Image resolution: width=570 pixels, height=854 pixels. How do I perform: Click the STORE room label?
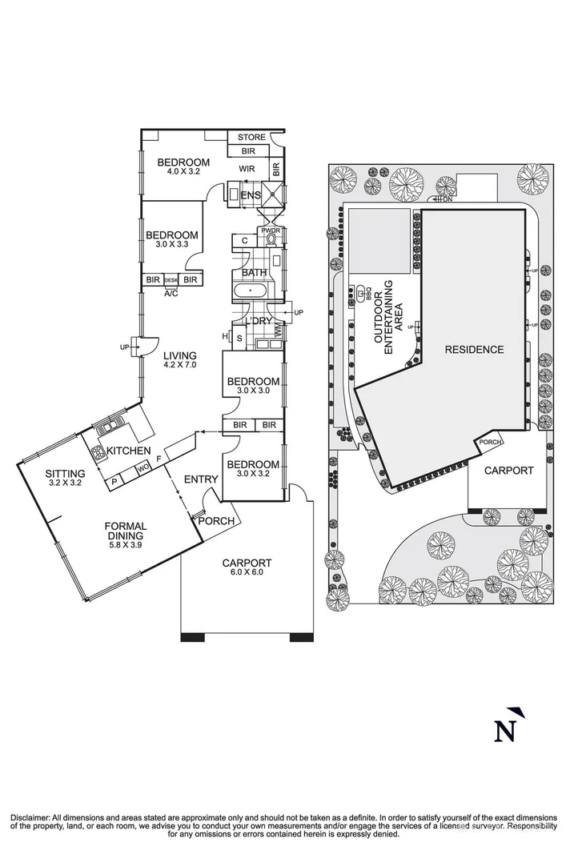click(251, 138)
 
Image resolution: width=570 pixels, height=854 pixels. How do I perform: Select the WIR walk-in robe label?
click(247, 169)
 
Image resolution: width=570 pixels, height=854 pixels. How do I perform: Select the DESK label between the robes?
click(171, 280)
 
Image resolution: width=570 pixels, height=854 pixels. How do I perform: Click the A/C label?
click(171, 293)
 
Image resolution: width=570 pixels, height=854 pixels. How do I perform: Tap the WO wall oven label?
click(144, 467)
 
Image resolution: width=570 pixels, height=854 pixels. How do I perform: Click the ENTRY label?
click(200, 479)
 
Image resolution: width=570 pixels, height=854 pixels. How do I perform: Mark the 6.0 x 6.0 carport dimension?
click(247, 572)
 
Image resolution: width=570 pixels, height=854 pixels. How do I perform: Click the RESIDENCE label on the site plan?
click(475, 349)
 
